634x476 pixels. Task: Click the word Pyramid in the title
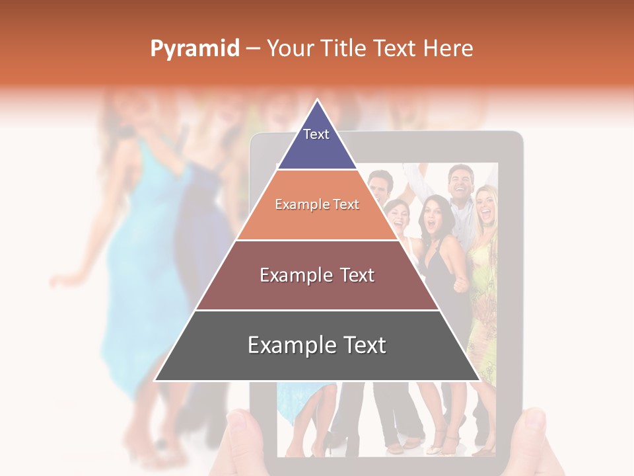tap(194, 49)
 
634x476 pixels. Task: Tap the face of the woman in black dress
tap(434, 215)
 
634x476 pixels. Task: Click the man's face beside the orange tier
tap(380, 187)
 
